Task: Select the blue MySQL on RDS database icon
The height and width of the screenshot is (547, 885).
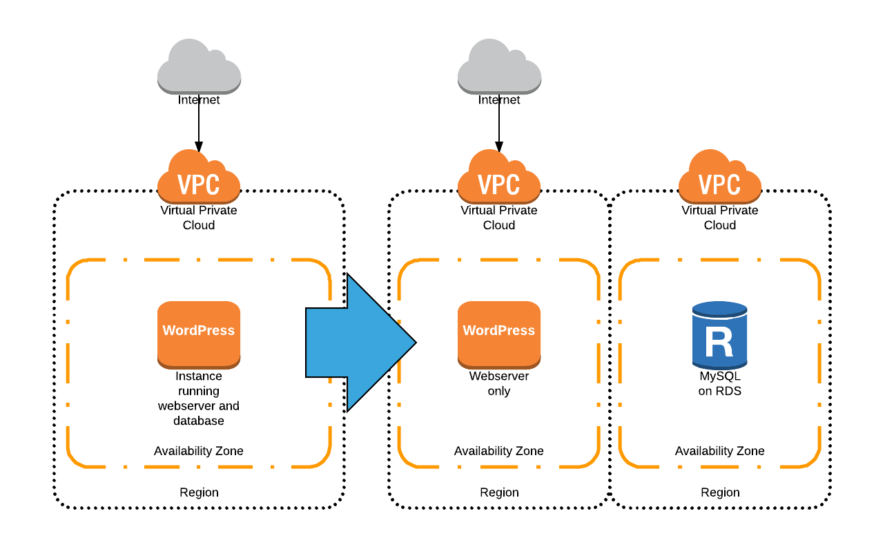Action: coord(719,335)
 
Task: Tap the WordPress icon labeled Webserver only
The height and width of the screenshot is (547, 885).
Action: coord(498,334)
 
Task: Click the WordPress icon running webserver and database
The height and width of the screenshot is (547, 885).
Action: coord(199,334)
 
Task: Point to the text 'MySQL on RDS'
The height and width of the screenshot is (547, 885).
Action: coord(719,383)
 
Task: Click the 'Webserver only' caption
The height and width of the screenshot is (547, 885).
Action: coord(498,383)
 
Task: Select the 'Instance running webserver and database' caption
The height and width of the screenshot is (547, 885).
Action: coord(199,399)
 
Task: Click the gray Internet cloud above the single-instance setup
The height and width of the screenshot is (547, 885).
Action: coord(199,67)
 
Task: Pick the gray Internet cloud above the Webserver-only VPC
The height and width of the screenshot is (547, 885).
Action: coord(498,67)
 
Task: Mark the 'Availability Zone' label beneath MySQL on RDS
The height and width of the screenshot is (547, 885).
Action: coord(719,451)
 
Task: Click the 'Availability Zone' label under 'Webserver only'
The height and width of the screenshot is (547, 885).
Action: coord(498,451)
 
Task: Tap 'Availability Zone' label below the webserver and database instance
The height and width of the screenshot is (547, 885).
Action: coord(199,451)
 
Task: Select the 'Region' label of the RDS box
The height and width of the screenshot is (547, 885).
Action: coord(719,492)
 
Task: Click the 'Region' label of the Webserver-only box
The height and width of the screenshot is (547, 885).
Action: coord(498,492)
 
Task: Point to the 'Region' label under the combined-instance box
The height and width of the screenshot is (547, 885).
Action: coord(199,492)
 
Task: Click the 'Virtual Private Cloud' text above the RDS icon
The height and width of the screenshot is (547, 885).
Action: coord(719,218)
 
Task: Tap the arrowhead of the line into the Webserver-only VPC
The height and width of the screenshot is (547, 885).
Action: coord(498,147)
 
